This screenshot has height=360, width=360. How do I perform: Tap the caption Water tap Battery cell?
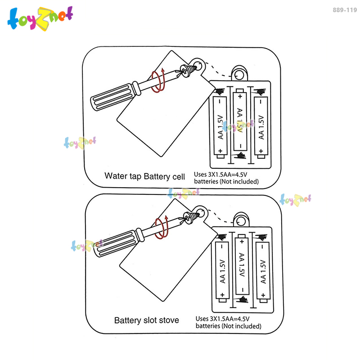(x=144, y=176)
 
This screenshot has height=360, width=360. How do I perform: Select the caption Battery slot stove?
(x=146, y=320)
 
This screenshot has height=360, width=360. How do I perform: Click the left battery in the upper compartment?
(x=220, y=126)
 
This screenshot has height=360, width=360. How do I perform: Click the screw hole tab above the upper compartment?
(x=240, y=73)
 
